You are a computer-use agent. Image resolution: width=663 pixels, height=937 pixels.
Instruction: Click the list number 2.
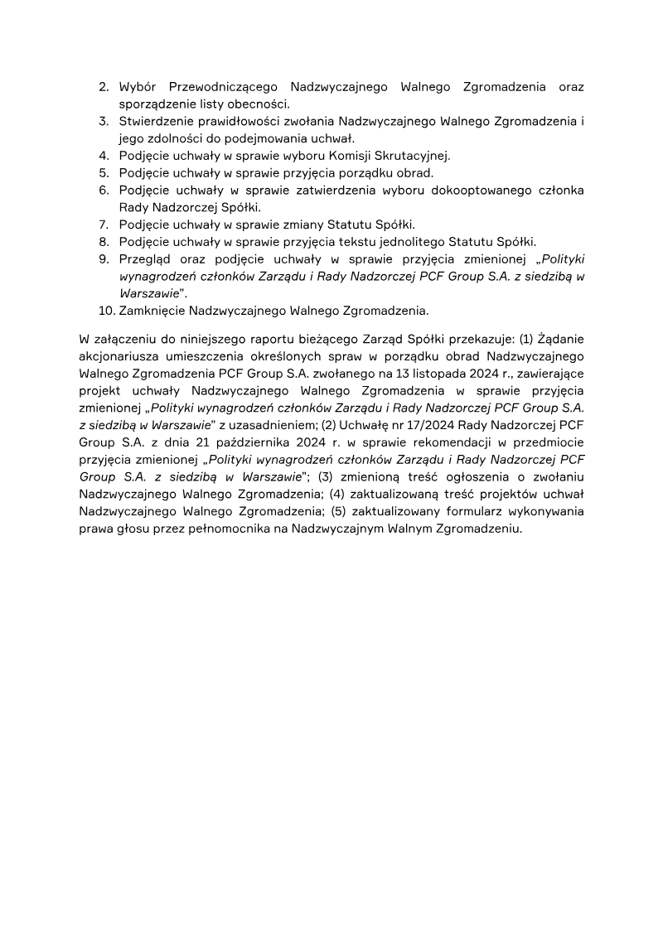(104, 86)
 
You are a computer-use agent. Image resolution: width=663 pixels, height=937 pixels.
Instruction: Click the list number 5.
(104, 172)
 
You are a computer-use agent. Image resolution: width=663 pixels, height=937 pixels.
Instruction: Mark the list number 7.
(104, 225)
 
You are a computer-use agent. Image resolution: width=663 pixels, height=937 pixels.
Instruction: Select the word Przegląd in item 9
(146, 259)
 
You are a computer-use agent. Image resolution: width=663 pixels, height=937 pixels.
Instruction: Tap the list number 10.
(106, 311)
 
